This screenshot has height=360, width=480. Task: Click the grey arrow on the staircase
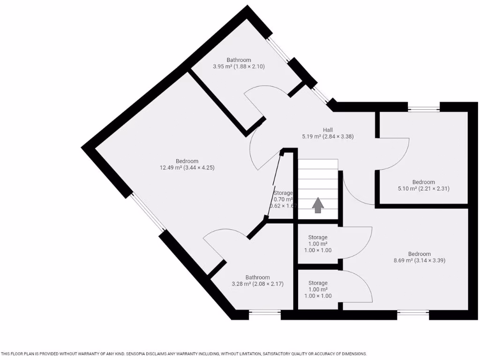[318, 205]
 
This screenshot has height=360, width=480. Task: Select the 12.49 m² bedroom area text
[187, 168]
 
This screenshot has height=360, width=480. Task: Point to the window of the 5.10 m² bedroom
[424, 109]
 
